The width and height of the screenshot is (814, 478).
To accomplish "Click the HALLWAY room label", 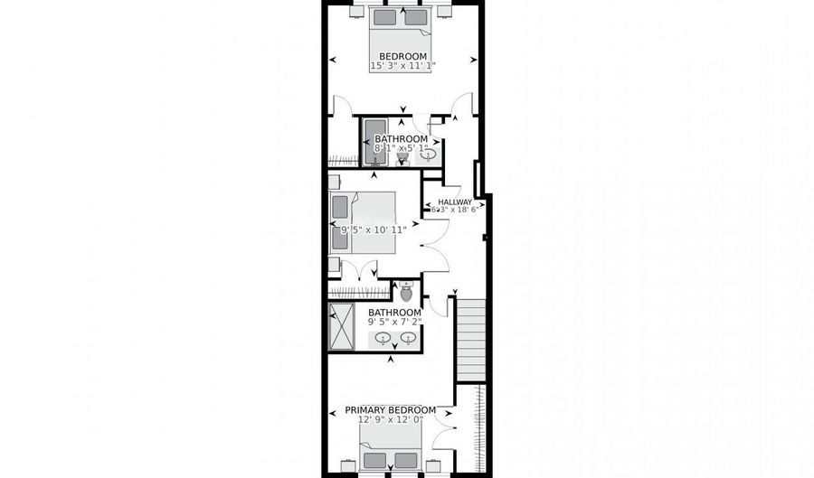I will [x=455, y=202].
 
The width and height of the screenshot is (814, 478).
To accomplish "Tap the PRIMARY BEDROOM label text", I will [x=391, y=409].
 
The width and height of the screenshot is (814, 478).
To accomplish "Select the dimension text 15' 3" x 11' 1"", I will [x=403, y=65].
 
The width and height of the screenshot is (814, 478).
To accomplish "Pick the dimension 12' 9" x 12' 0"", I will [x=391, y=419].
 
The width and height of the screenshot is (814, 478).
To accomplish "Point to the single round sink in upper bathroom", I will [x=428, y=155].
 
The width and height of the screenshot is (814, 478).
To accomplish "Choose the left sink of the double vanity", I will [x=384, y=339].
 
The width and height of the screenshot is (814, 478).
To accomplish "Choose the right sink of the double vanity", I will [x=408, y=339].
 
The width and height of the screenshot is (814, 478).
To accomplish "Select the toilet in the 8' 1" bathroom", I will [x=403, y=158].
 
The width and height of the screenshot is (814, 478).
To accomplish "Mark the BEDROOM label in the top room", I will [x=402, y=55].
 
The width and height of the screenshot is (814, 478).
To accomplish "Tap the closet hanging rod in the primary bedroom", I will [x=478, y=429].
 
